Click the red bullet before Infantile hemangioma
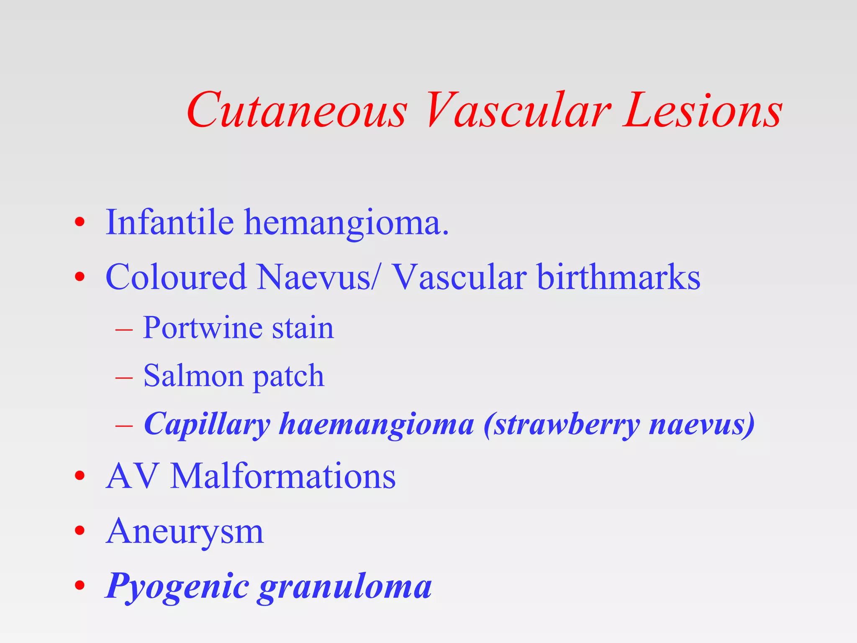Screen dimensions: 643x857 pyautogui.click(x=80, y=222)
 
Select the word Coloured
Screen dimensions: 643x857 pyautogui.click(x=176, y=277)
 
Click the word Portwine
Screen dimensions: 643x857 pyautogui.click(x=203, y=328)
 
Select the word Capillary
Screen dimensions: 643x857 pyautogui.click(x=207, y=424)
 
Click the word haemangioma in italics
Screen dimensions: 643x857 pyautogui.click(x=377, y=424)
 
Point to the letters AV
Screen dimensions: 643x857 pyautogui.click(x=131, y=476)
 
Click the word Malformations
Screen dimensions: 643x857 pyautogui.click(x=283, y=476)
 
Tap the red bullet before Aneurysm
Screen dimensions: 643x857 pyautogui.click(x=80, y=531)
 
